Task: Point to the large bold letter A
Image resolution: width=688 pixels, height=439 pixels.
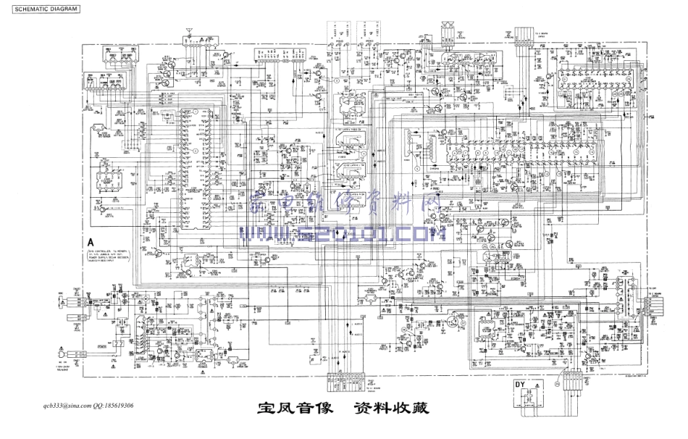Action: tap(91, 243)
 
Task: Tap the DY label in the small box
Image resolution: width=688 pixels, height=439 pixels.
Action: tap(521, 384)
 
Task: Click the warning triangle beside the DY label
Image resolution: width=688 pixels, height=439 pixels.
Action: tap(537, 385)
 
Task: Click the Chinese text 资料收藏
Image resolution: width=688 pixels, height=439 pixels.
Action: tap(391, 409)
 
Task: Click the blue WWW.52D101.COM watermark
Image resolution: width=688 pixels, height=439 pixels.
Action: tap(341, 233)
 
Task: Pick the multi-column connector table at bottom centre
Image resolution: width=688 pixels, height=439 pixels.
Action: tap(348, 380)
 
